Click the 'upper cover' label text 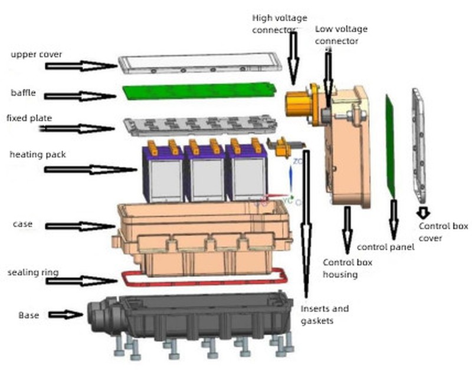[36, 55]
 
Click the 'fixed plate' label [29, 118]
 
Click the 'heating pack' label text [37, 155]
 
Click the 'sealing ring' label [33, 273]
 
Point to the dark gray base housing [195, 318]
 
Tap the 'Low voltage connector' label [341, 35]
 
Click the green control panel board [391, 147]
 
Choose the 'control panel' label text [385, 247]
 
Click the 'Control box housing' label [348, 268]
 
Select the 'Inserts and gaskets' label [324, 314]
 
